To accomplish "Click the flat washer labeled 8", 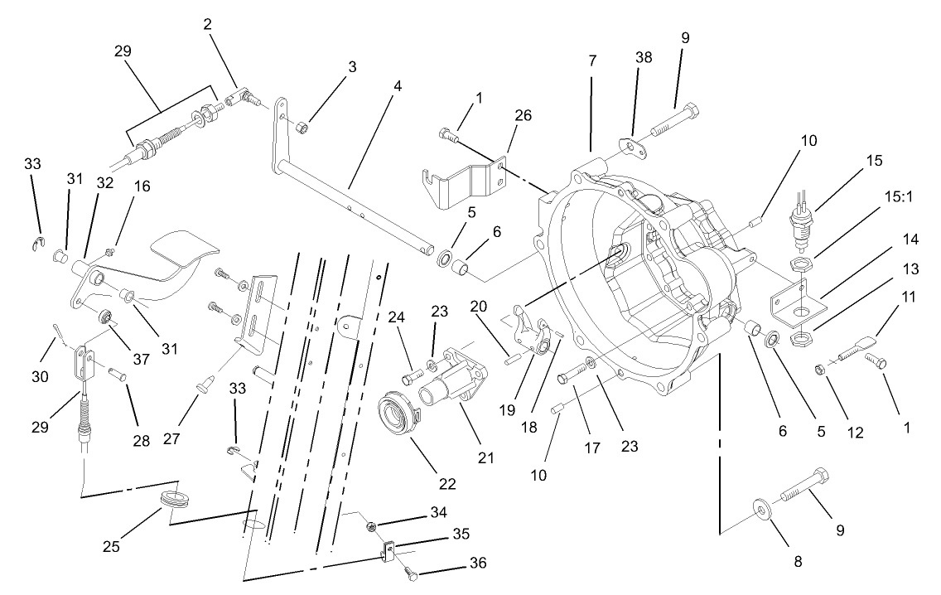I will click(x=760, y=507).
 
